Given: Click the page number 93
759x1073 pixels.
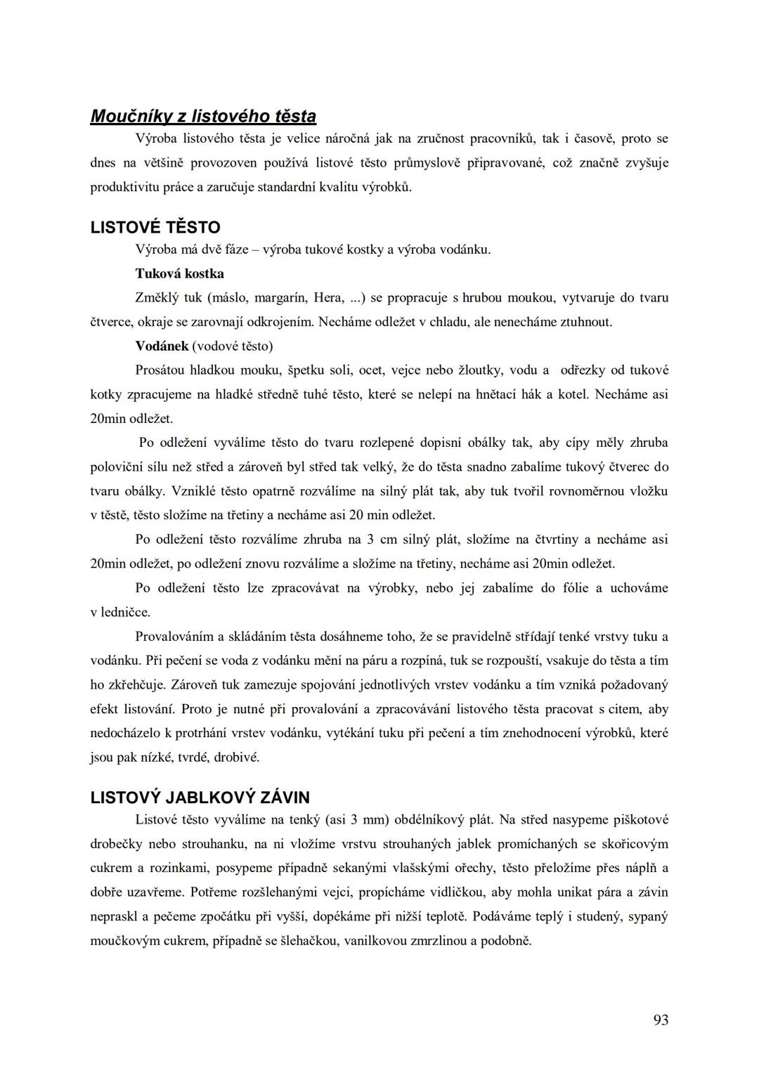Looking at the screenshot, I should [661, 1020].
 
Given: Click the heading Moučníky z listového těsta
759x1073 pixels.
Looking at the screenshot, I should [203, 116].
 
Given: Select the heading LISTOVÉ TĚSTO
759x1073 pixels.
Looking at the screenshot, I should [155, 227].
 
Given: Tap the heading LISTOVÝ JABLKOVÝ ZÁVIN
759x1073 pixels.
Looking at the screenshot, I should [200, 798].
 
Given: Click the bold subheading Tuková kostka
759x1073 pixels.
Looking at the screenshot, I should [179, 273].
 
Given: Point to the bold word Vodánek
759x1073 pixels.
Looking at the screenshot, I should [162, 346].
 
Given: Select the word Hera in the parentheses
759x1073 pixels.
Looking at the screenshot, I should [328, 298].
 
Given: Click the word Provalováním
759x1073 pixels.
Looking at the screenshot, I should [176, 637].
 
